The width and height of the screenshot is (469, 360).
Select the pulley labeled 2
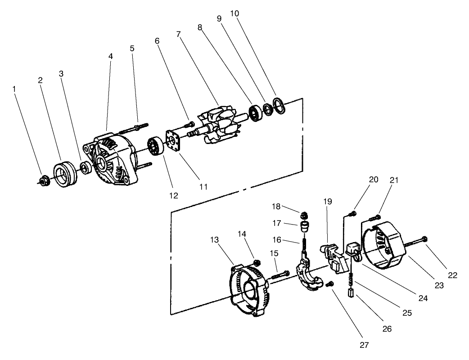point(66,172)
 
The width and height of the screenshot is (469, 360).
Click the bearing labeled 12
point(155,147)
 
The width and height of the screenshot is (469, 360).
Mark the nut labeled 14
point(257,262)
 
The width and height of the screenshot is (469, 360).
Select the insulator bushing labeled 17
point(305,225)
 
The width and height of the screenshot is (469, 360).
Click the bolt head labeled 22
point(425,239)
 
